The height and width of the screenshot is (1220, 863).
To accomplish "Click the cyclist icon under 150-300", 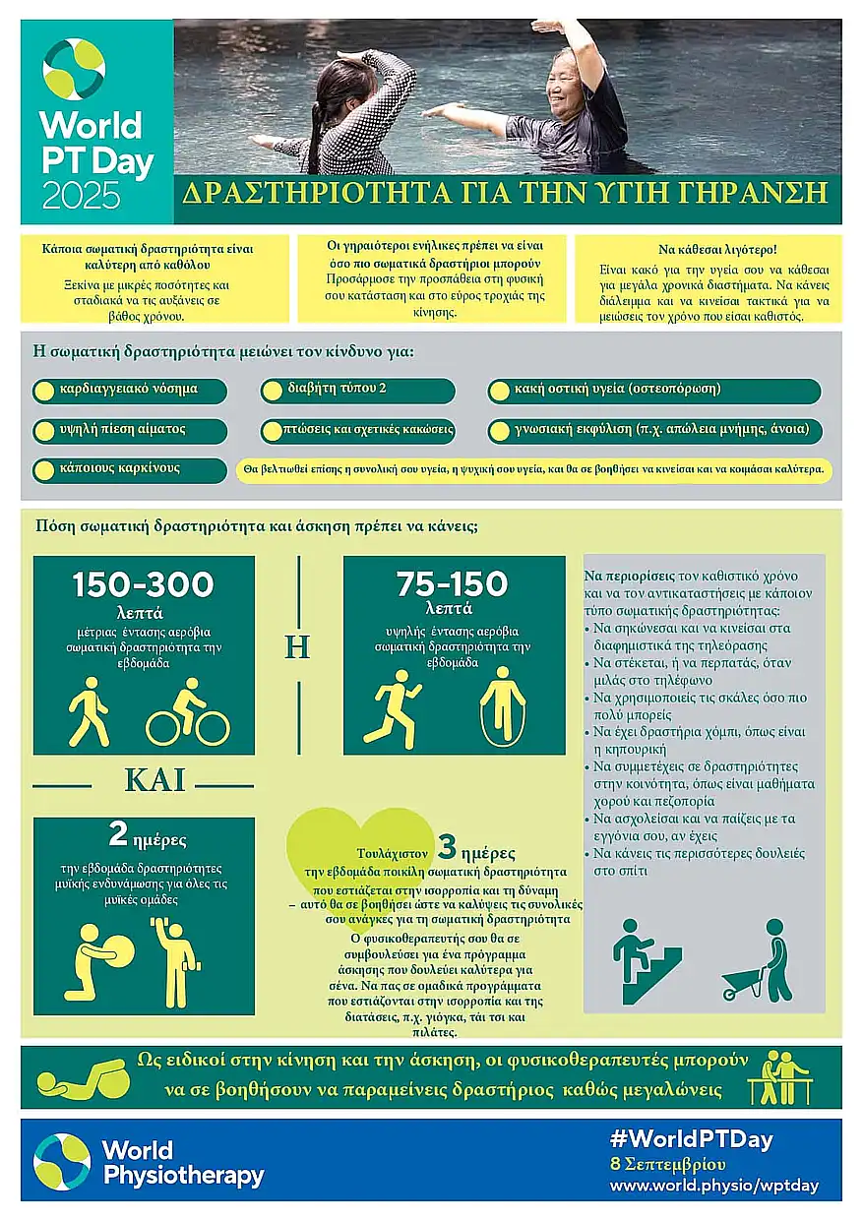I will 188,712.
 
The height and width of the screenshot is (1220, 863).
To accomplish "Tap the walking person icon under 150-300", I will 89,711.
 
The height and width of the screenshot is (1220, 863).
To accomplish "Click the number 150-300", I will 143,585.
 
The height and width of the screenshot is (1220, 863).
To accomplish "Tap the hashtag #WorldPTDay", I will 691,1139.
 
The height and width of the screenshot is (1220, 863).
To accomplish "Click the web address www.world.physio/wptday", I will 713,1186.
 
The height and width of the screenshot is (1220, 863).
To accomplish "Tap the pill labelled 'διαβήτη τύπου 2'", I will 358,390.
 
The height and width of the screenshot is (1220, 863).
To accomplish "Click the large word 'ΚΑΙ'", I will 155,780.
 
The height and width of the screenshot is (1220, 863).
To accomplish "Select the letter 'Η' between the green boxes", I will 297,647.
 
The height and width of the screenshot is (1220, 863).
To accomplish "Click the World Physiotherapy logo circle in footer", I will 62,1161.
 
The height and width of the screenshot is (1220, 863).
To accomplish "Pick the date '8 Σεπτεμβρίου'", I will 668,1164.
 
